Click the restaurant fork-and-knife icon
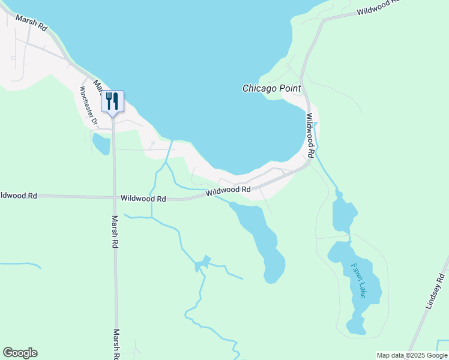112,101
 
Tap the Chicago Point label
271,88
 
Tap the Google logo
20,353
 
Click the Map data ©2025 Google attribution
412,355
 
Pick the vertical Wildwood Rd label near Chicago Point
310,136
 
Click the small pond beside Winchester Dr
101,144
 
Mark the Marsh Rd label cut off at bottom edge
116,344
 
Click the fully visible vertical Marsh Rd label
115,232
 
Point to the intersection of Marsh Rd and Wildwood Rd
114,197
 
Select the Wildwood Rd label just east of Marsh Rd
143,198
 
